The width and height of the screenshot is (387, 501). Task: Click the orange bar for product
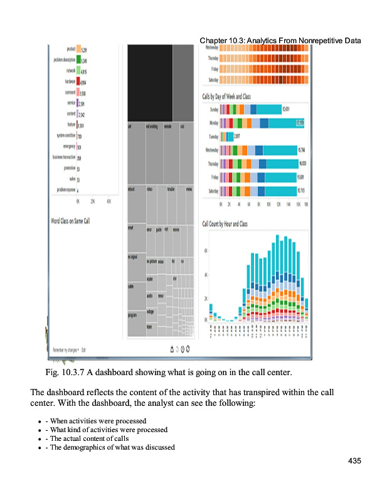coord(78,49)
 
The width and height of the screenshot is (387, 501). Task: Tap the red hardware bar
coord(78,81)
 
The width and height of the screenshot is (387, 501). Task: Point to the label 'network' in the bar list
coord(67,71)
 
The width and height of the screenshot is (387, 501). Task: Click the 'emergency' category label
coord(65,146)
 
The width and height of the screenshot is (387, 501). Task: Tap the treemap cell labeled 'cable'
coord(130,287)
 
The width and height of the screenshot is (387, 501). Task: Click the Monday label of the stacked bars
coord(213,123)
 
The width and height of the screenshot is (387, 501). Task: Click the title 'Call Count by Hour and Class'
coord(225,224)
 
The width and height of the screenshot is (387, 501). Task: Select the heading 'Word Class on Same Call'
coord(70,220)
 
